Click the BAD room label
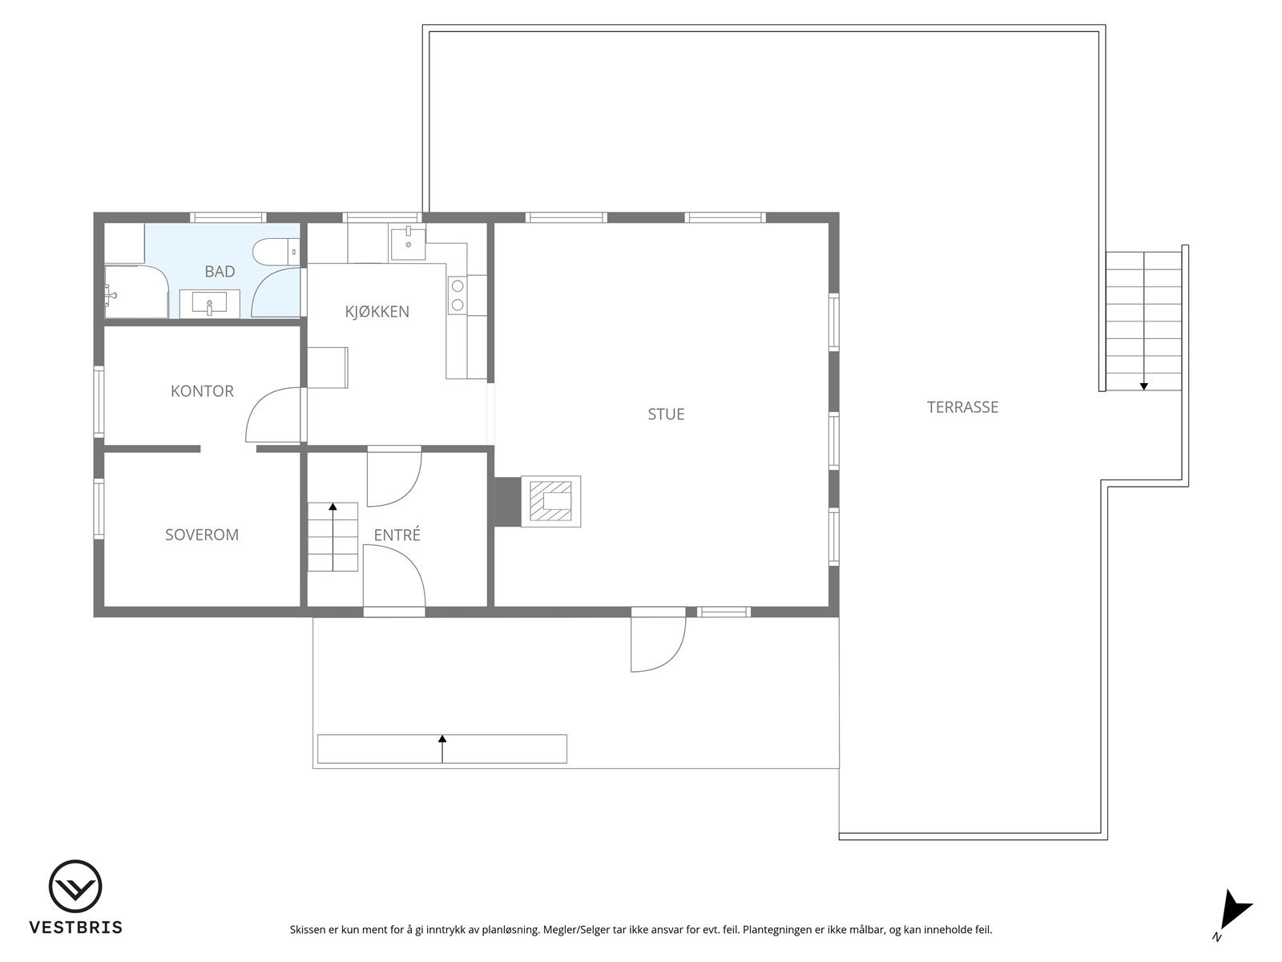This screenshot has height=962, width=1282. (220, 272)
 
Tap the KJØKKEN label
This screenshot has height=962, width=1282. (377, 312)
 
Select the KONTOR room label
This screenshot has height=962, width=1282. (202, 391)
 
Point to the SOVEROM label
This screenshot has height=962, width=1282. (202, 535)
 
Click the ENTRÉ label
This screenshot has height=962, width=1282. (397, 536)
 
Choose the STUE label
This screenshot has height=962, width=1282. (666, 414)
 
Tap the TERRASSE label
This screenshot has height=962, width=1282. (962, 407)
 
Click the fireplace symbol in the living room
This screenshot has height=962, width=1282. (551, 501)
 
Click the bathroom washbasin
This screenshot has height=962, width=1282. (208, 305)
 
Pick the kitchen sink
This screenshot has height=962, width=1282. (408, 242)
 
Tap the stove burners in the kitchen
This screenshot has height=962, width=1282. (457, 294)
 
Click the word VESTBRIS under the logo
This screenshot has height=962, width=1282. (75, 928)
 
